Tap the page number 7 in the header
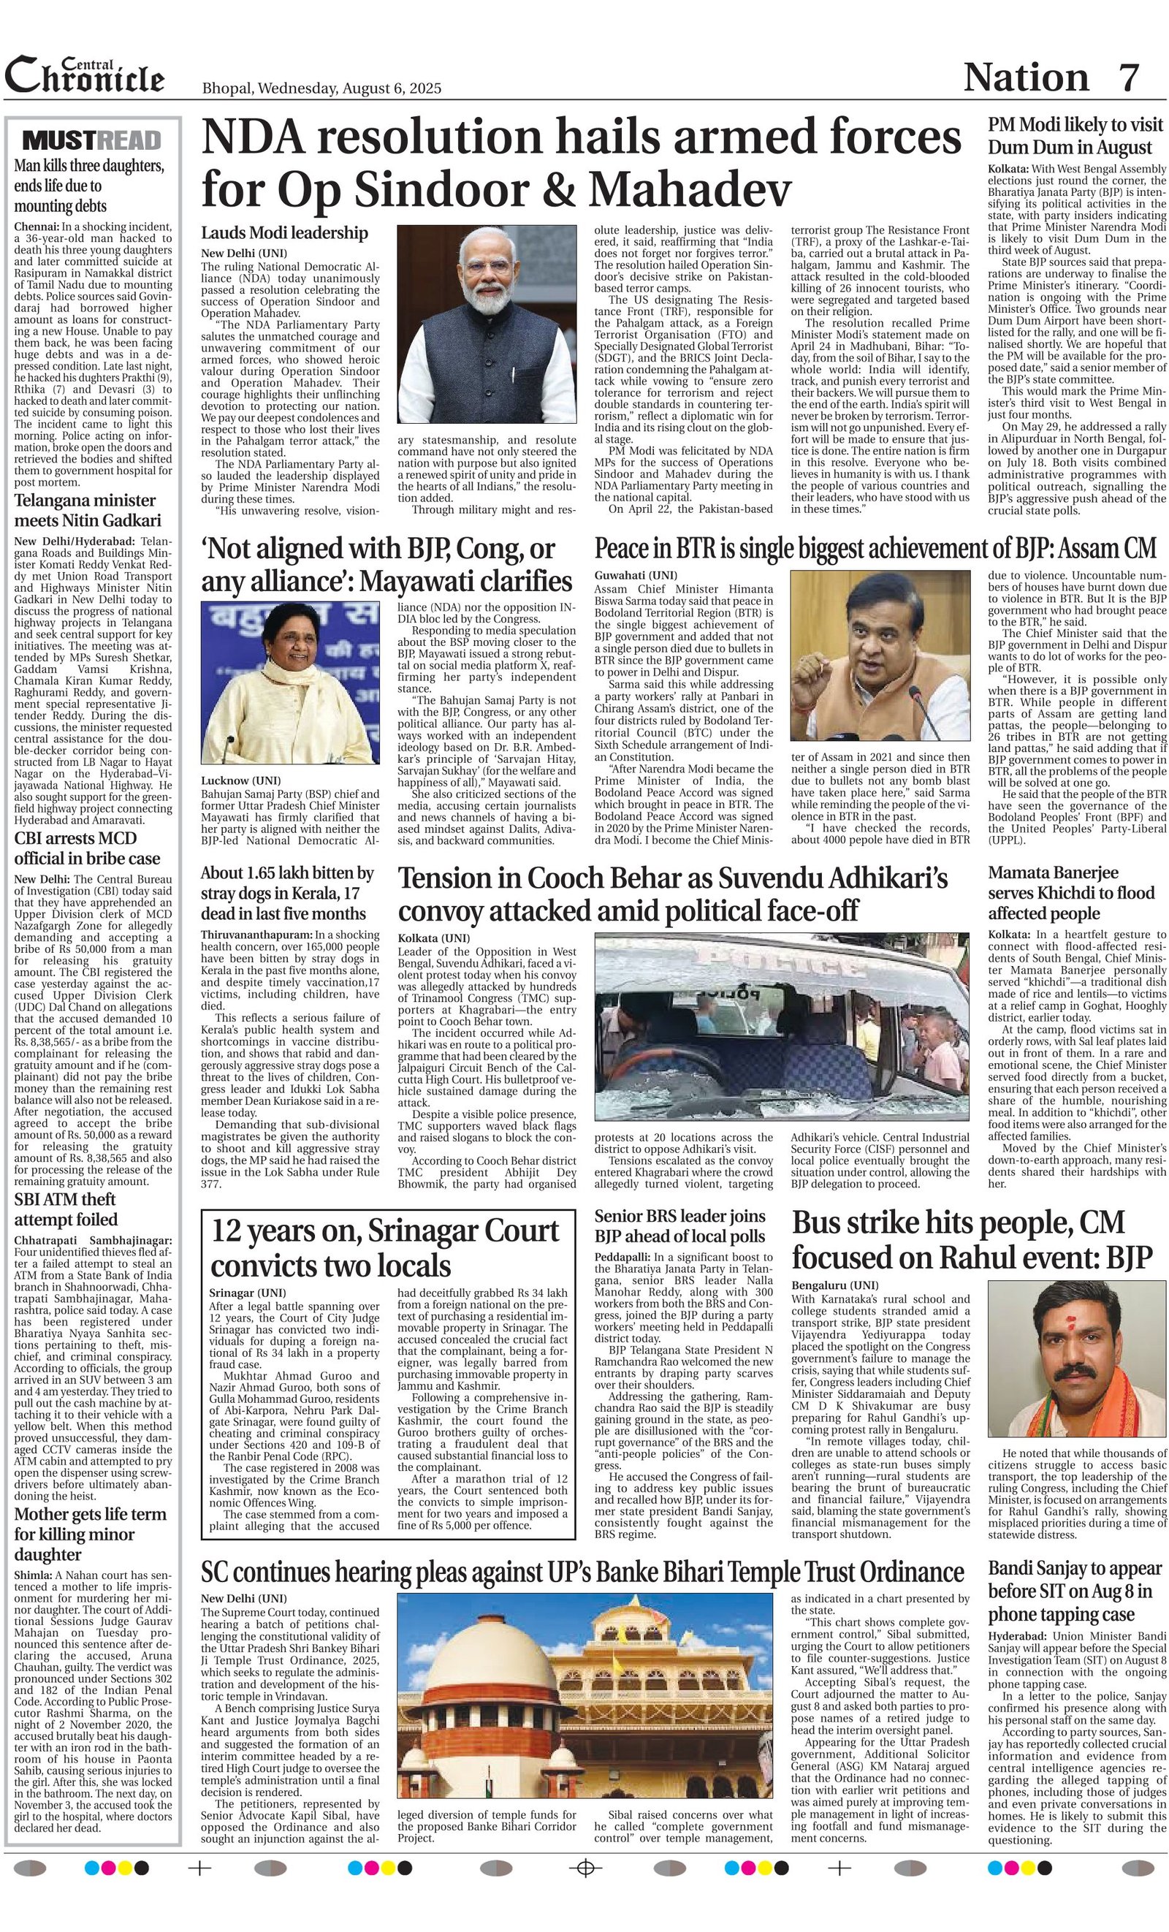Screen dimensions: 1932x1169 (1128, 77)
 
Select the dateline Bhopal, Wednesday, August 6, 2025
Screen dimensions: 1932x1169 (321, 88)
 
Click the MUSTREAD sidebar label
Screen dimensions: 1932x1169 (92, 140)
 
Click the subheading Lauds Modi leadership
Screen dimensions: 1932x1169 (283, 233)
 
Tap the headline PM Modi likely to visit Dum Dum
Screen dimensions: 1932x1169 (1075, 137)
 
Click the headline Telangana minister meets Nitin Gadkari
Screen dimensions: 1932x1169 (85, 511)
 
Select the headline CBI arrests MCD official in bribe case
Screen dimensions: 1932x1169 (87, 848)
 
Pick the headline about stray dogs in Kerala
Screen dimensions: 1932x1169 (288, 893)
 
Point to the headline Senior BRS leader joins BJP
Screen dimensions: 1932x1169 (679, 1226)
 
